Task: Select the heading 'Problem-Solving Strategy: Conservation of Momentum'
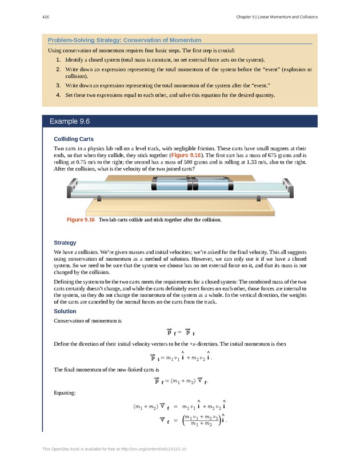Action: coord(124,40)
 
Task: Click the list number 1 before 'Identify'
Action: coord(58,59)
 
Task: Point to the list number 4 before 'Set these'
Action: coord(58,94)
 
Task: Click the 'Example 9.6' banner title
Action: coord(70,122)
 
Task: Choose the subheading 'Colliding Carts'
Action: coord(74,139)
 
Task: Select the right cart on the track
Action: coord(213,186)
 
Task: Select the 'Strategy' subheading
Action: coord(65,243)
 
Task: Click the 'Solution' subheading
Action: coord(65,312)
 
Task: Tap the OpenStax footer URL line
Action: coord(115,449)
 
